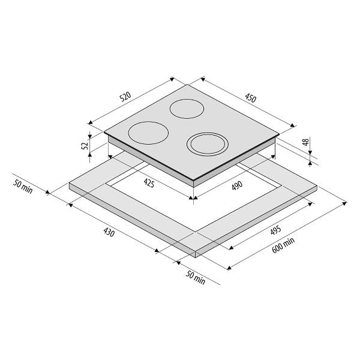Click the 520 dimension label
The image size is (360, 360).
125,97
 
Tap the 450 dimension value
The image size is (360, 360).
250,98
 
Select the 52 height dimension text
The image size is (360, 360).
85,146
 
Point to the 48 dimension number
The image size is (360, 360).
305,142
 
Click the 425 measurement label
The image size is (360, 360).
149,183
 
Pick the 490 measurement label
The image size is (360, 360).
237,185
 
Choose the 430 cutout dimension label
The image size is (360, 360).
109,232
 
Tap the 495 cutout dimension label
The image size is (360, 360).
275,230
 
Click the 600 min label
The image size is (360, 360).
283,245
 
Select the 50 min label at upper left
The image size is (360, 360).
23,187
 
